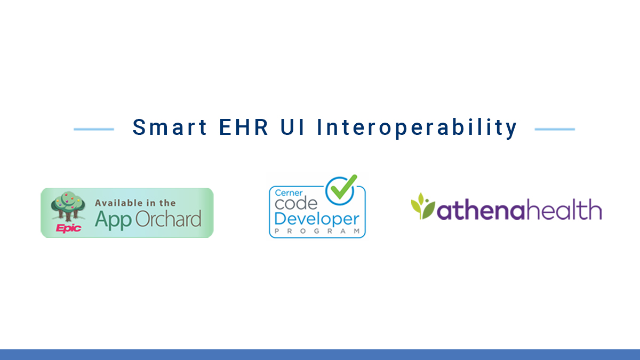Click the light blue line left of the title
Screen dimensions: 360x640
94,129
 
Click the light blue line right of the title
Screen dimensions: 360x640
555,129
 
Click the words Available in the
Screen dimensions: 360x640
135,203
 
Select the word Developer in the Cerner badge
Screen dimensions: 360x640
317,219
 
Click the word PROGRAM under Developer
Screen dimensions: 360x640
317,231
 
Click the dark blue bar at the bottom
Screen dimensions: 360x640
320,355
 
